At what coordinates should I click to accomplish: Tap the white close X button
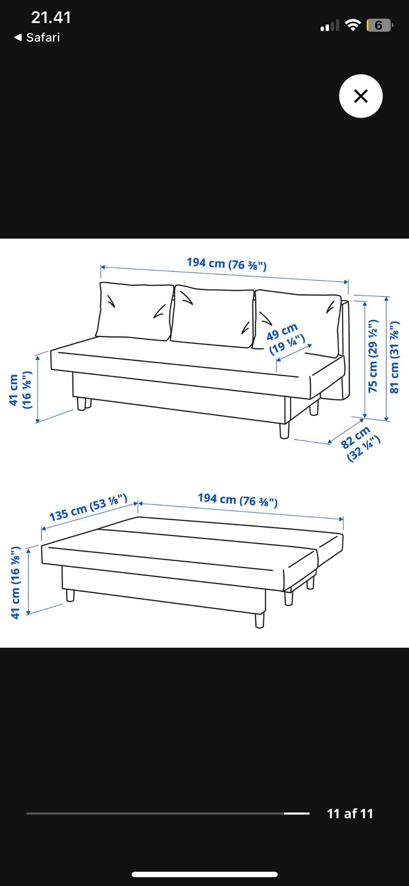coord(360,96)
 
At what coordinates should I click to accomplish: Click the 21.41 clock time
coord(51,17)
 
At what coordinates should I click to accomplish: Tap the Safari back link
coord(37,38)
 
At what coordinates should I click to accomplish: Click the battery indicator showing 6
coord(379,25)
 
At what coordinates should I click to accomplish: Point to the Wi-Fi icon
coord(353,25)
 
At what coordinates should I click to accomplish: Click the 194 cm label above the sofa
coord(227,264)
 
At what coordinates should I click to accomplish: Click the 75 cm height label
coord(372,356)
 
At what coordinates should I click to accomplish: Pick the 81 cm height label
coord(395,357)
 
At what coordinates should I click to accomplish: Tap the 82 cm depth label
coord(360,444)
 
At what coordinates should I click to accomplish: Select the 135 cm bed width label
coord(88,507)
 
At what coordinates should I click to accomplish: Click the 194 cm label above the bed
coord(238,500)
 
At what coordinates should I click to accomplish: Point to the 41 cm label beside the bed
coord(15,583)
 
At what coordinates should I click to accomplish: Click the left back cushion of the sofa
coord(134,311)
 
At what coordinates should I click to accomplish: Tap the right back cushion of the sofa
coord(297,322)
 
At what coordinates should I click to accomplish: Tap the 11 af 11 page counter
coord(350,813)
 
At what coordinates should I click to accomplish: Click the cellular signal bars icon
coord(329,25)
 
